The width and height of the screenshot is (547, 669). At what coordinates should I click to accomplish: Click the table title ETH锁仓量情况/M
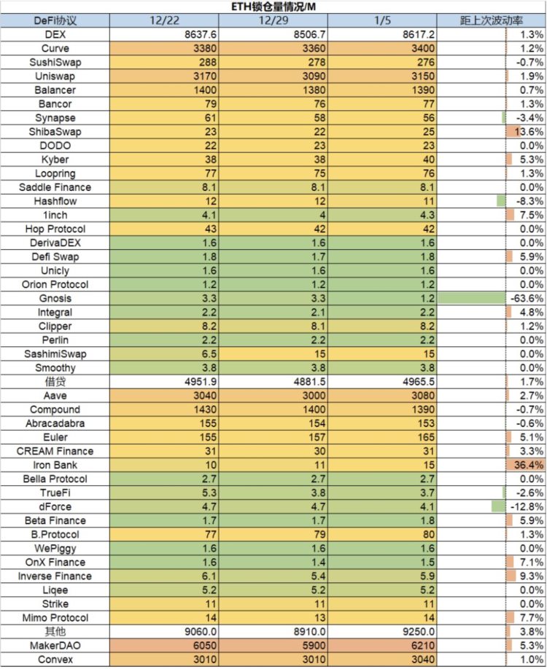(x=273, y=7)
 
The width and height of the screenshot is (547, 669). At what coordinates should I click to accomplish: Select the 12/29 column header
(x=273, y=20)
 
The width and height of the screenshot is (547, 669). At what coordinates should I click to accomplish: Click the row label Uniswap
(x=55, y=77)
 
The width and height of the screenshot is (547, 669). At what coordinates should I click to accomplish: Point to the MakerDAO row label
(x=55, y=646)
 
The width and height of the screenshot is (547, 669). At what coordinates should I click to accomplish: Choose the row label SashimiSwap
(x=55, y=354)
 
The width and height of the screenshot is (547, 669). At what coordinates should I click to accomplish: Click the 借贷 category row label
(x=55, y=382)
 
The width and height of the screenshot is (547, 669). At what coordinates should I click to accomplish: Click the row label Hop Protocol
(x=55, y=229)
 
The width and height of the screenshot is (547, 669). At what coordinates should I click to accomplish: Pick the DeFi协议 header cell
(x=55, y=20)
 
